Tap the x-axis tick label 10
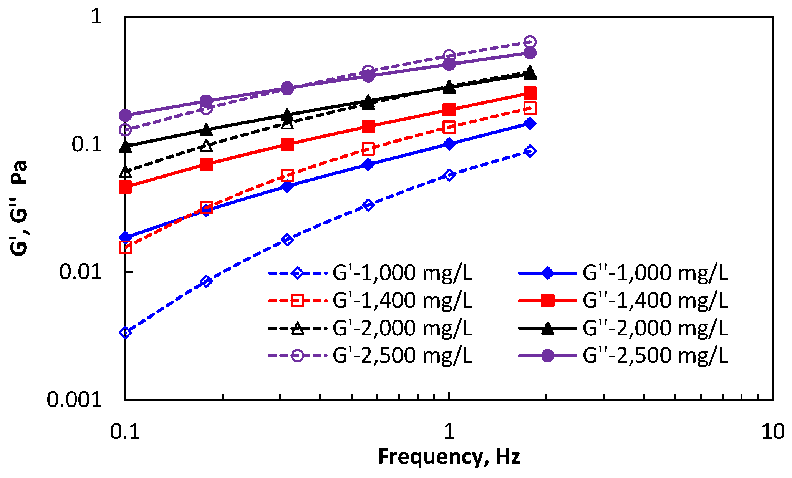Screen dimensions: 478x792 [772, 432]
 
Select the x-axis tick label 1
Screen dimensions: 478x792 [449, 432]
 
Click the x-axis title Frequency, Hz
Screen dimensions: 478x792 [449, 457]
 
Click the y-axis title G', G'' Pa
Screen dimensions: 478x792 [18, 208]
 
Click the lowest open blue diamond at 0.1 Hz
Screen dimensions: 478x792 [125, 332]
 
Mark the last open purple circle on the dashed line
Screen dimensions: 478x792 [530, 42]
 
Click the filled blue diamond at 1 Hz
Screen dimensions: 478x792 [449, 144]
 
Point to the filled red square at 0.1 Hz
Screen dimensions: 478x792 [125, 187]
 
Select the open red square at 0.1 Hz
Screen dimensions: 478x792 [125, 247]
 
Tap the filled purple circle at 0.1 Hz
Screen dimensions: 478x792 [125, 115]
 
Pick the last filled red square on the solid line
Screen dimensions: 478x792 [530, 93]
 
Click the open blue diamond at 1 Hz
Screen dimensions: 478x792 [449, 175]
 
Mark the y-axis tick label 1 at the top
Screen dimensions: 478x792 [96, 17]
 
